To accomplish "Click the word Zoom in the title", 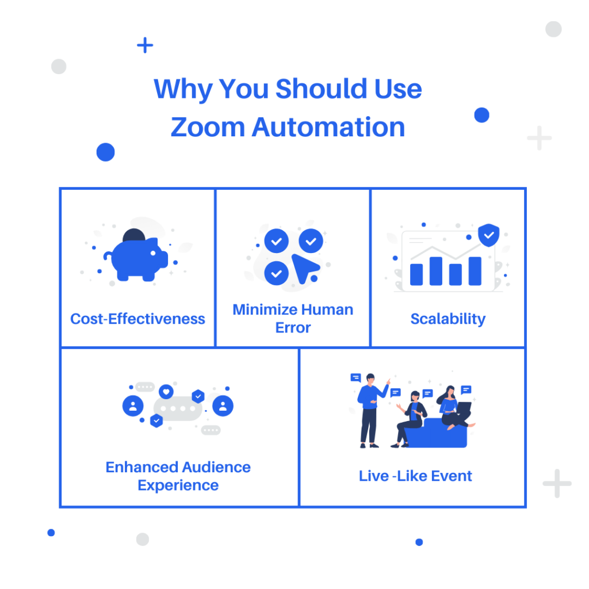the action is point(208,127).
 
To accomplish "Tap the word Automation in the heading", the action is point(328,127).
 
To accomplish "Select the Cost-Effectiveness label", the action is point(137,319).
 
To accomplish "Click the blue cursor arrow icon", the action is point(305,268).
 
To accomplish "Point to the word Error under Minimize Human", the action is point(293,328).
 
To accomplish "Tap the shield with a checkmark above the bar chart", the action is point(489,235).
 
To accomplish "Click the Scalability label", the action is point(448,319).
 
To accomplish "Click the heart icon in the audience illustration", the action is point(166,392).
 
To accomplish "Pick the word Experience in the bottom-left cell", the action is point(178,485).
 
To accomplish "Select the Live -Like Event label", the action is point(415,476).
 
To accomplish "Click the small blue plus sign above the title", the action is point(145,45).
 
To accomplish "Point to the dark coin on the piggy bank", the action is point(133,235).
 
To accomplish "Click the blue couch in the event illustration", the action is point(436,434).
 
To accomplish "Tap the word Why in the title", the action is point(183,89).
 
